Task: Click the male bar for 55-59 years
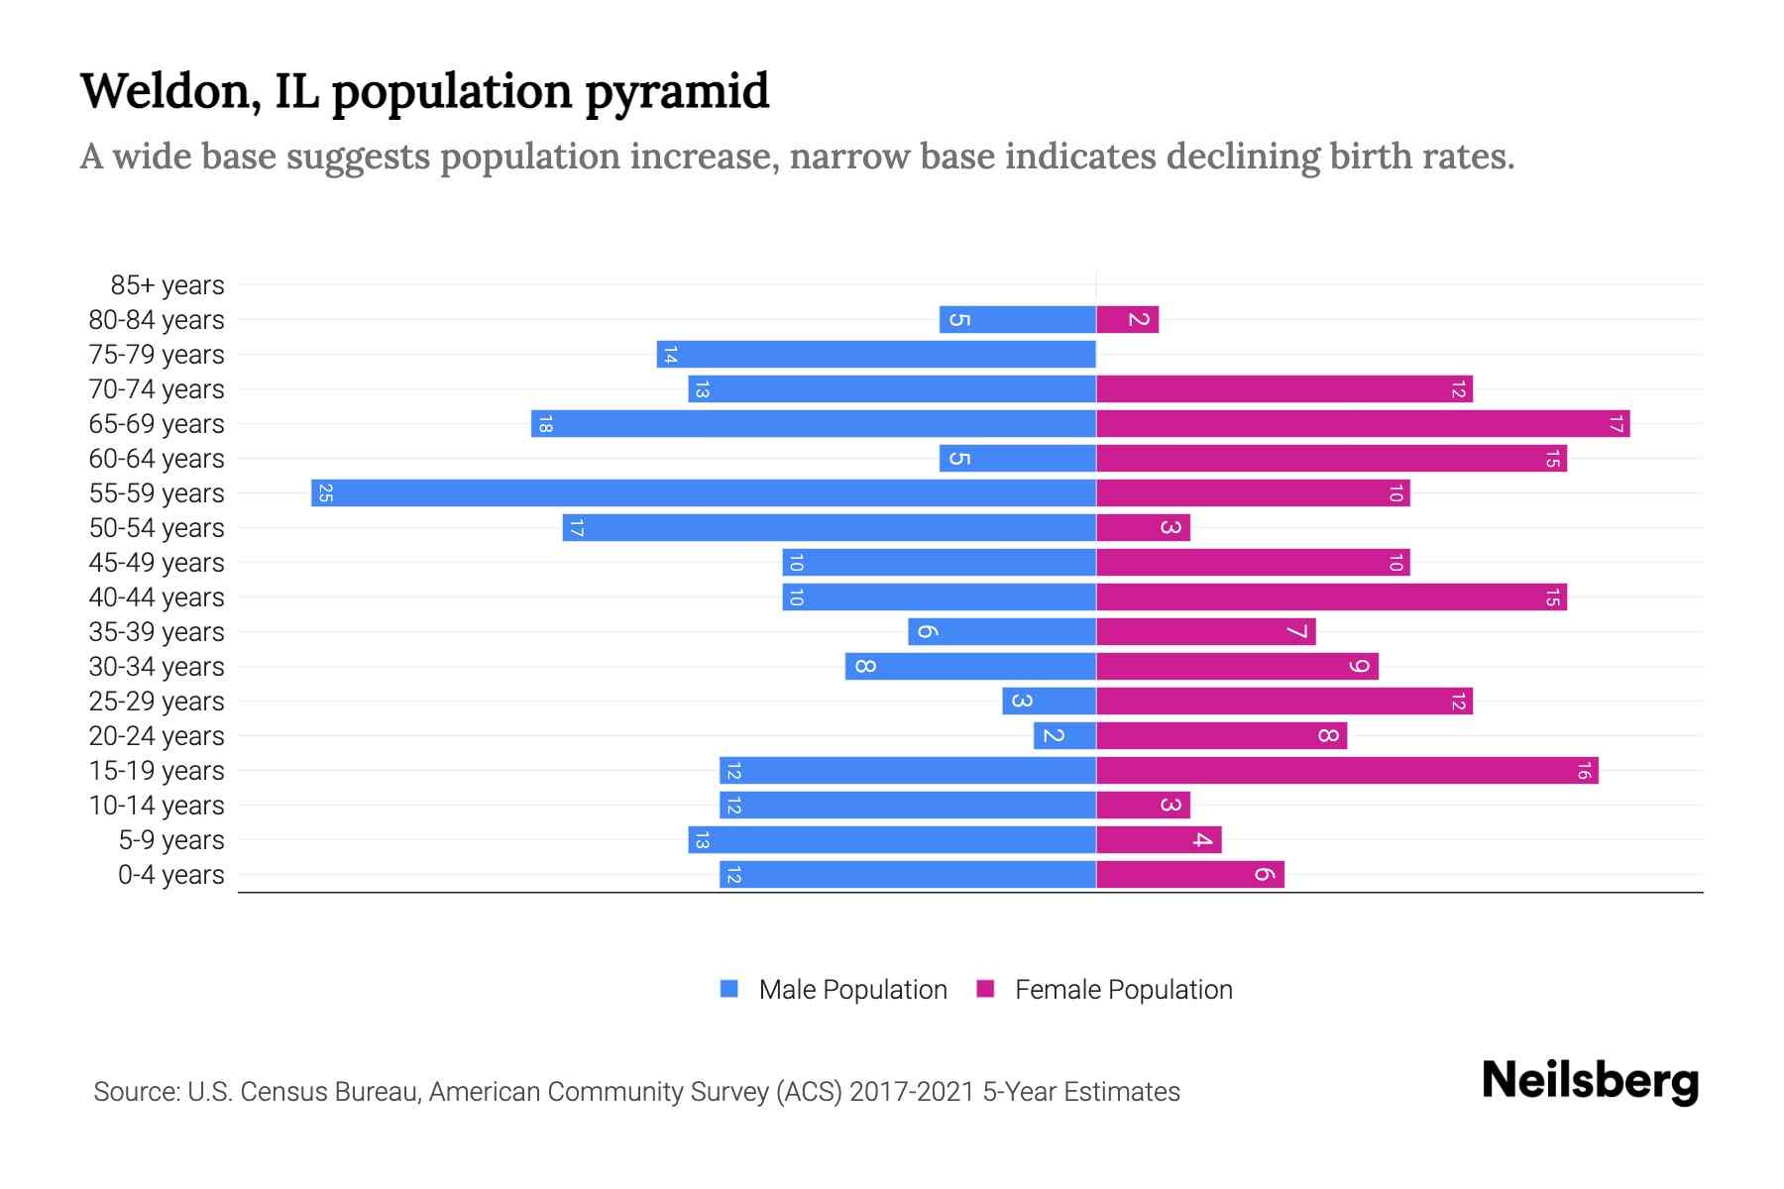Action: click(x=704, y=492)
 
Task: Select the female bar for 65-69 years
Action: click(x=1363, y=423)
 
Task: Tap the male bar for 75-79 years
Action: click(x=876, y=354)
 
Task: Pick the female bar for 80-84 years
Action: click(x=1127, y=319)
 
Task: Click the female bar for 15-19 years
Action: click(x=1347, y=770)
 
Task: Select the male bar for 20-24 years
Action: click(x=1064, y=735)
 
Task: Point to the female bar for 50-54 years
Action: click(x=1143, y=527)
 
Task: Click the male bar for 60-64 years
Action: click(x=1018, y=458)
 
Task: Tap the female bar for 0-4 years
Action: click(x=1189, y=874)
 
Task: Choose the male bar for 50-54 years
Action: click(x=829, y=527)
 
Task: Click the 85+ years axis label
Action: click(x=167, y=285)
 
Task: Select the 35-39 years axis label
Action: click(x=157, y=632)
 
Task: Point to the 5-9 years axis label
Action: click(x=170, y=840)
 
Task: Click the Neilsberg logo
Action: click(x=1590, y=1080)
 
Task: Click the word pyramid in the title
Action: click(x=676, y=91)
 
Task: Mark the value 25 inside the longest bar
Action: click(x=325, y=492)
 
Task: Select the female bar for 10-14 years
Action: click(x=1143, y=805)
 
